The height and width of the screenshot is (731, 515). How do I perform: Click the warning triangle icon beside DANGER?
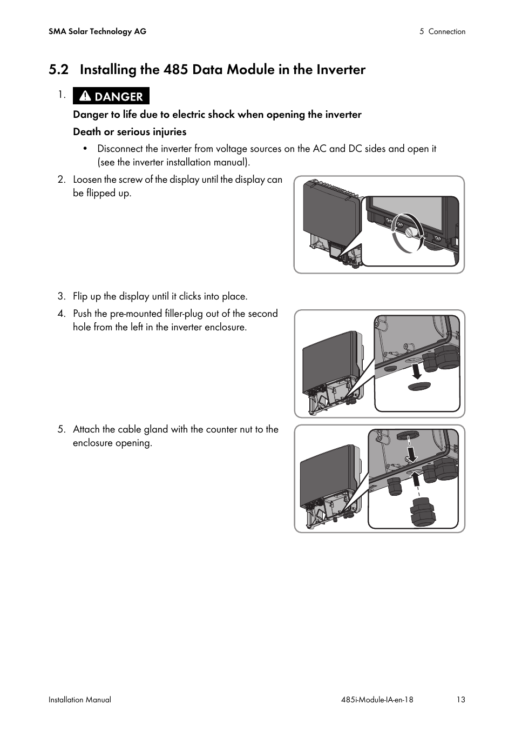click(x=85, y=96)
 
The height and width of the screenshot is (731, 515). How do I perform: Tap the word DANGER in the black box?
click(x=119, y=97)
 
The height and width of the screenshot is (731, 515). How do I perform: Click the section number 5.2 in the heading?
click(x=58, y=70)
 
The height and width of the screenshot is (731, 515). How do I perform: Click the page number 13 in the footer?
click(x=460, y=700)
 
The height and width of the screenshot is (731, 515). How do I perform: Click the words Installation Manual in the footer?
click(x=80, y=700)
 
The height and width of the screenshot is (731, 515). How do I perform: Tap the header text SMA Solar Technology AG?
click(x=97, y=31)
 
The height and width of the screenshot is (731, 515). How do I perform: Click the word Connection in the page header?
click(x=446, y=31)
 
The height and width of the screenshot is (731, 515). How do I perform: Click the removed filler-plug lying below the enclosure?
click(x=419, y=387)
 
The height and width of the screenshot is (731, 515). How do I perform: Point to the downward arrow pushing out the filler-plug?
click(x=417, y=371)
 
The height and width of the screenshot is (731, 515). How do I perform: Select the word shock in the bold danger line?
click(x=221, y=115)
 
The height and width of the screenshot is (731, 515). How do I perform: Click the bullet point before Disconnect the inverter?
click(x=85, y=149)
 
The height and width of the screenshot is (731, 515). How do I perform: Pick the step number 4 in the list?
click(x=62, y=314)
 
